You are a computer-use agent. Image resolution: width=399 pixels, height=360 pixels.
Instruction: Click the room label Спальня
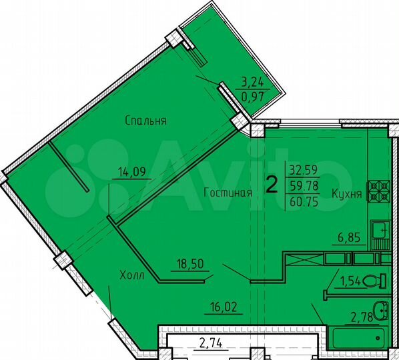(x=145, y=121)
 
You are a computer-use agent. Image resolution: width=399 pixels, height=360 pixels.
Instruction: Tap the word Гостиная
(x=228, y=193)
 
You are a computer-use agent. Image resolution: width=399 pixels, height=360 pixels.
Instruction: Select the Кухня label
(x=346, y=194)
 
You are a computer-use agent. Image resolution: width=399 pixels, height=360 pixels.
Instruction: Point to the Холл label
(x=132, y=275)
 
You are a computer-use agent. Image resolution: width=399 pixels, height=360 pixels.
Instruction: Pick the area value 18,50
(x=190, y=265)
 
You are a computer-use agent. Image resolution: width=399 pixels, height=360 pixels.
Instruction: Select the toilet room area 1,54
(x=350, y=281)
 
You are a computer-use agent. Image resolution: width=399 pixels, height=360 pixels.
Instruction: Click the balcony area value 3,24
(x=252, y=83)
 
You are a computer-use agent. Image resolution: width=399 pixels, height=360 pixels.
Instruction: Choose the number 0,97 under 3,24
(x=252, y=99)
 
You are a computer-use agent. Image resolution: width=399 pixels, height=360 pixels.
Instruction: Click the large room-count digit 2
(x=272, y=183)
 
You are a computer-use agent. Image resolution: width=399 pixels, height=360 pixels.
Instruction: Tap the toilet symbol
(x=377, y=280)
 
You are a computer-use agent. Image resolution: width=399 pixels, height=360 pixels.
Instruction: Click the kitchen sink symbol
(x=380, y=231)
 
